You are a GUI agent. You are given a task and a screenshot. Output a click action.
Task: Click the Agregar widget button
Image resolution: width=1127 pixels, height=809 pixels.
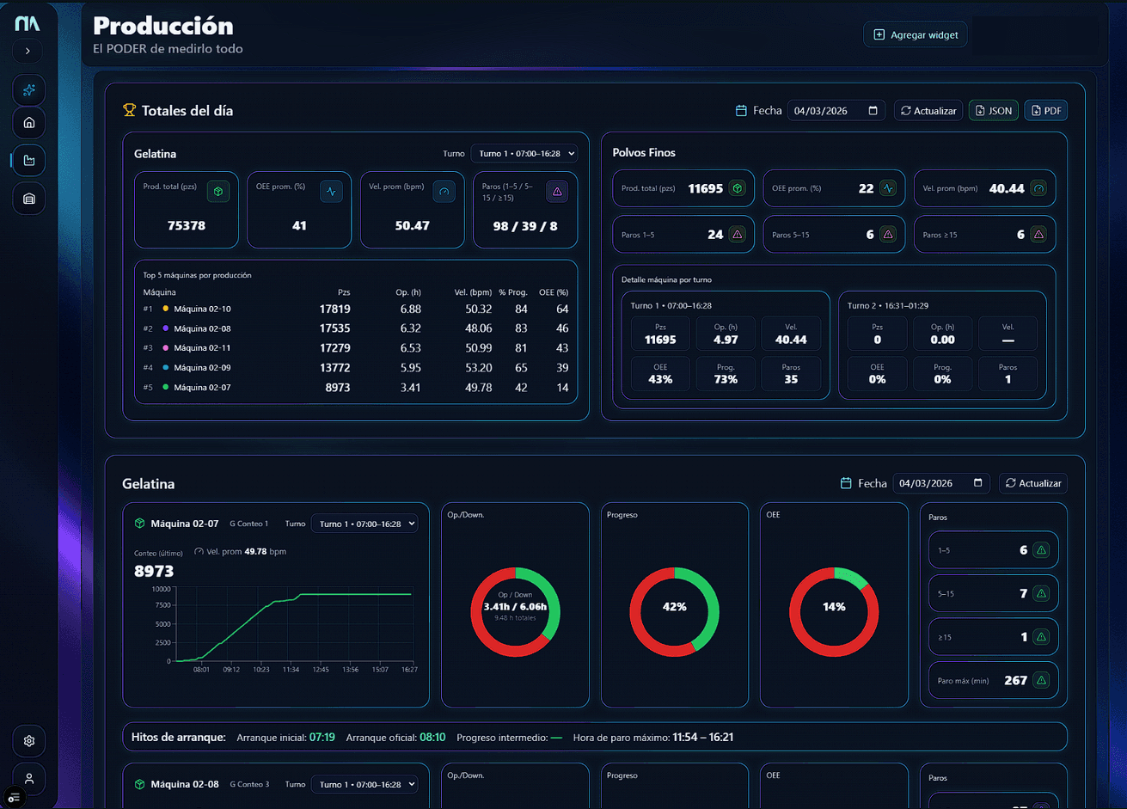tap(916, 34)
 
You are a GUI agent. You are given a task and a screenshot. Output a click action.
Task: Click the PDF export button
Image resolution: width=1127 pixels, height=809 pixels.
tap(1045, 111)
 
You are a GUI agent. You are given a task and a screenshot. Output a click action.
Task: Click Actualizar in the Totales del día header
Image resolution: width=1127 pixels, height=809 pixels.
tap(928, 111)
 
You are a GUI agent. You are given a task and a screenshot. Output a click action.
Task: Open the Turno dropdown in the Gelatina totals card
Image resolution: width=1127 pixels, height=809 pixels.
tap(524, 154)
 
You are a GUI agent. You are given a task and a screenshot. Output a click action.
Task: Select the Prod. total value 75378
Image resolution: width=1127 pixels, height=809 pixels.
tap(186, 226)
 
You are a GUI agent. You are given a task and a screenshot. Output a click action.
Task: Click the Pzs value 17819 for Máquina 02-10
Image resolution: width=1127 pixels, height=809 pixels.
tap(334, 310)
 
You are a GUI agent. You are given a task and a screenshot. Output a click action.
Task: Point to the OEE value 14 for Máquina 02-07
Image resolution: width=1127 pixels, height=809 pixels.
tap(562, 388)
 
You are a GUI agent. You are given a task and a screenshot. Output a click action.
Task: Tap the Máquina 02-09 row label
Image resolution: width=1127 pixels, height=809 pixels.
tap(202, 368)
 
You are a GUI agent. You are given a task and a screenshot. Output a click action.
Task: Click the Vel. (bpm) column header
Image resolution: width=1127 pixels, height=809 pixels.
tap(473, 293)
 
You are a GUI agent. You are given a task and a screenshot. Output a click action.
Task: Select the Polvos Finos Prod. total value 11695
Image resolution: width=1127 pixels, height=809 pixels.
tap(705, 189)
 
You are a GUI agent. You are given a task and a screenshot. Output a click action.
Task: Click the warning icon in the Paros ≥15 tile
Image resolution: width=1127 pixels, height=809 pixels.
tap(1038, 235)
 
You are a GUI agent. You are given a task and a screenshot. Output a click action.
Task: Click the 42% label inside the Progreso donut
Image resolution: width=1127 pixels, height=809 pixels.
tap(674, 607)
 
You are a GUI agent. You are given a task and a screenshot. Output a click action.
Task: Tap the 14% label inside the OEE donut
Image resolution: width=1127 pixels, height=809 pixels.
tap(834, 607)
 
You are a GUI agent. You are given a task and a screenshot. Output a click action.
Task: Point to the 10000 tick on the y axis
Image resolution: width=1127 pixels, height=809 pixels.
tap(161, 589)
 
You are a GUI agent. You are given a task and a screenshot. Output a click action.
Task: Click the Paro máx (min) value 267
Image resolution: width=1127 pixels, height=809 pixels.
tap(1015, 680)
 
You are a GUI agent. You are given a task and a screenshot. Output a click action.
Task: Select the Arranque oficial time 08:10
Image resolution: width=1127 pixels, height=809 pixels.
tap(432, 738)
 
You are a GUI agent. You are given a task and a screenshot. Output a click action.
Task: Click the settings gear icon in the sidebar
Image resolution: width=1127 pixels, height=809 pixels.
tap(29, 741)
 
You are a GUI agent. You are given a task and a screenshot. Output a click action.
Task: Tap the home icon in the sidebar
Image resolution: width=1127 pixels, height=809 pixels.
tap(29, 123)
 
